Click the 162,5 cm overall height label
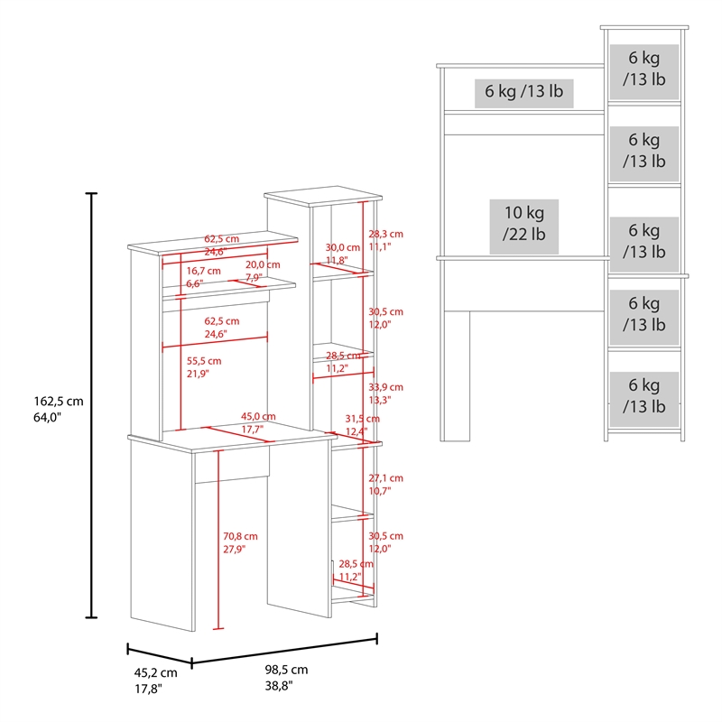pos(59,409)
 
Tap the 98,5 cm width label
pos(286,678)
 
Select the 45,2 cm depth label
pos(155,680)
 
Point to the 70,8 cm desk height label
pos(240,542)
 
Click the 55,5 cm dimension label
pos(204,367)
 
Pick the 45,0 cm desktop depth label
pos(258,422)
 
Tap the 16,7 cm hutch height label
pos(203,277)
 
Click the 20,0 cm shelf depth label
pos(263,271)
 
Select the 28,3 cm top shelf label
pos(385,240)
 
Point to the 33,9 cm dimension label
pos(385,393)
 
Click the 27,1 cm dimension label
pos(385,485)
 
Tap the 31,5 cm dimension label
pos(363,425)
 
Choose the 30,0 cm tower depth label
pos(343,254)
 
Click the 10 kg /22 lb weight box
pos(524,227)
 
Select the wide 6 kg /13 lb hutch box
pos(524,94)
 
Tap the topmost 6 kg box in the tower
pos(644,72)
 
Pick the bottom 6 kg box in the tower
pos(644,399)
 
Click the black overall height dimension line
pos(92,405)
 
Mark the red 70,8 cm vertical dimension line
pos(218,539)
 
